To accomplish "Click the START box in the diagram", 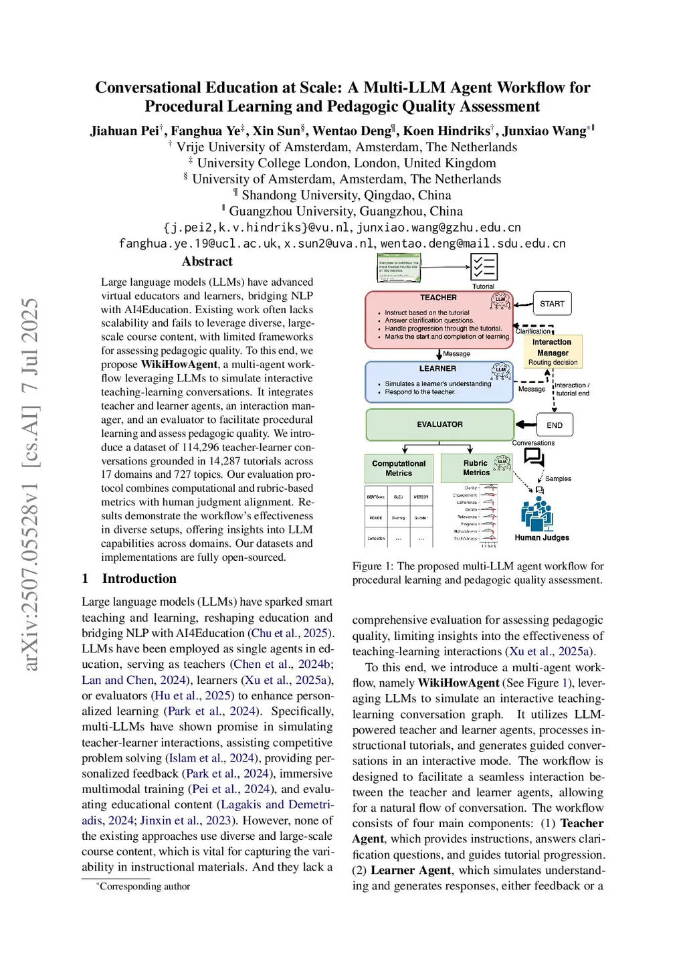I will [552, 304].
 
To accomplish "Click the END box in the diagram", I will [554, 425].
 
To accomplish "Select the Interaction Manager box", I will [553, 351].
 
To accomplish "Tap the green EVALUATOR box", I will [439, 424].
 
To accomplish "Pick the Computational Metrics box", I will [399, 468].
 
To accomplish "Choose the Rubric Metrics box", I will [476, 468].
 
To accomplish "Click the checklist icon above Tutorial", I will [483, 267].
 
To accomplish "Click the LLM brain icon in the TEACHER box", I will [500, 302].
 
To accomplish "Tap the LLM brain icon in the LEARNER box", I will [500, 371].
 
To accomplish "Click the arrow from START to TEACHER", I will [523, 304].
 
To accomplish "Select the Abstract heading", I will [207, 262].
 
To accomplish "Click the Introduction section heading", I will [139, 579].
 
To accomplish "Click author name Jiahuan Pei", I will [124, 131].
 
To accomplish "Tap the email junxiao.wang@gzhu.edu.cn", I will [439, 228].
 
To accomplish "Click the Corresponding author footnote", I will [144, 887].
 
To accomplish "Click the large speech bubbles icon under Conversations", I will [534, 457].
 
